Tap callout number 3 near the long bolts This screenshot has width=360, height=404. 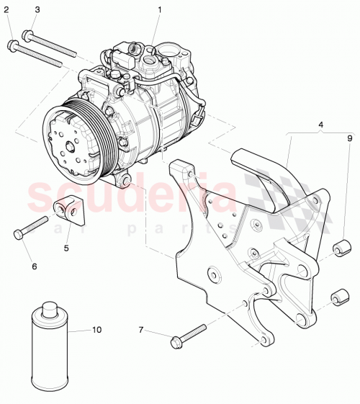pos(37,9)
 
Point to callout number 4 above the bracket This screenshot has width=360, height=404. pos(321,125)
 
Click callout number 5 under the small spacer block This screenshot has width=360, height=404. pos(66,248)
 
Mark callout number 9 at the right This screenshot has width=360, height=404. pos(351,138)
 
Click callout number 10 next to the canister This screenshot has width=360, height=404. pos(97,331)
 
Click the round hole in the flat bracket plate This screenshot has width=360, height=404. pos(212,274)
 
